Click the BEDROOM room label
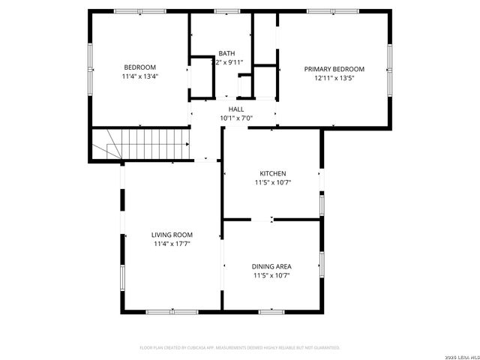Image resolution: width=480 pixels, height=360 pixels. [140, 67]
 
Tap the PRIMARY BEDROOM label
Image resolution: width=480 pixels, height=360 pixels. [334, 69]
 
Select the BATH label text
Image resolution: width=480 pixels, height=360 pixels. [226, 53]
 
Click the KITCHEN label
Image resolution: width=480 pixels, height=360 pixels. [272, 173]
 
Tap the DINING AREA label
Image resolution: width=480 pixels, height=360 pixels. [271, 266]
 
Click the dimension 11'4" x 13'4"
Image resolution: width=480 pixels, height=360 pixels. [140, 76]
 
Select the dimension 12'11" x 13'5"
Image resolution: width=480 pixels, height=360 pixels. [334, 78]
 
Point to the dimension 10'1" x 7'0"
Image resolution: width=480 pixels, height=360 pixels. [236, 118]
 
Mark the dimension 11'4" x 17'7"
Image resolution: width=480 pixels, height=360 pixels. [172, 244]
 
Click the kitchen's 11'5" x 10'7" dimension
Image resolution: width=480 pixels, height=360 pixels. [272, 182]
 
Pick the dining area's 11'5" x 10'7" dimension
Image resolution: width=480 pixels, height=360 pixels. [271, 275]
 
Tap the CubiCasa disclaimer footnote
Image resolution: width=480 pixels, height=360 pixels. [240, 348]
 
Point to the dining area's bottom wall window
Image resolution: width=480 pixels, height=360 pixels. [271, 311]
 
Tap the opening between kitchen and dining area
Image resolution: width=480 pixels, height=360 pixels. [261, 220]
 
